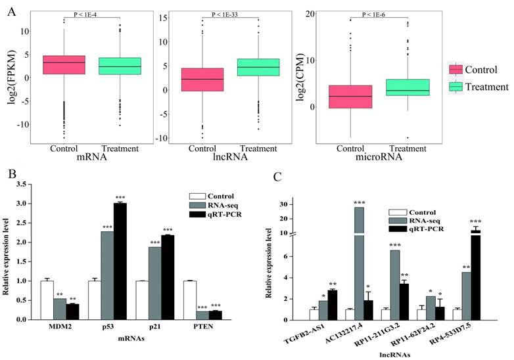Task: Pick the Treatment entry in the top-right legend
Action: [x=485, y=87]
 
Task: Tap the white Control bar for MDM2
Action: [x=47, y=300]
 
